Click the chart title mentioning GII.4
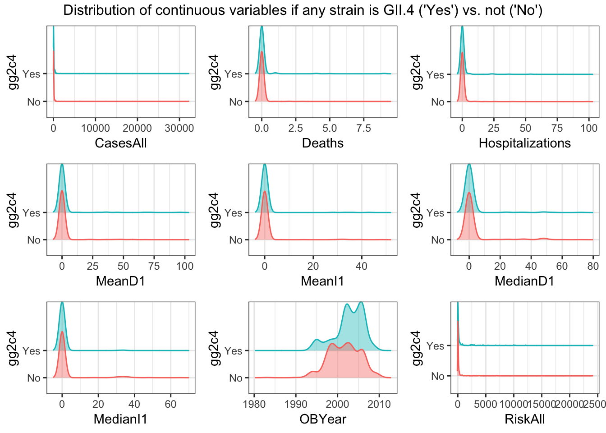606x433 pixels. click(303, 10)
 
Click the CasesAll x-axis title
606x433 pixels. click(121, 143)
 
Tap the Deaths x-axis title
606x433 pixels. click(323, 143)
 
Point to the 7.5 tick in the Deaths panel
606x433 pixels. click(363, 128)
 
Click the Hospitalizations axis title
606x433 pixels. click(524, 143)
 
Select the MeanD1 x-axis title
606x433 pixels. click(121, 281)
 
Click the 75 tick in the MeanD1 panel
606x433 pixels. click(154, 266)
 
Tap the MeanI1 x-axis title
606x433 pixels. click(323, 281)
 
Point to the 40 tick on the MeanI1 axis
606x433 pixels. click(361, 266)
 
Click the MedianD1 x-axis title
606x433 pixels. click(524, 281)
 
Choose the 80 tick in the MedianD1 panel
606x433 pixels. click(592, 266)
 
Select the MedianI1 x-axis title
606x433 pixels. click(121, 419)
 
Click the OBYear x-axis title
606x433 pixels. click(323, 419)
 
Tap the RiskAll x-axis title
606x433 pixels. click(524, 419)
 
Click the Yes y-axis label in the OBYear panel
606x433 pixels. click(233, 351)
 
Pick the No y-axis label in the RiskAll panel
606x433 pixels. click(438, 376)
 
